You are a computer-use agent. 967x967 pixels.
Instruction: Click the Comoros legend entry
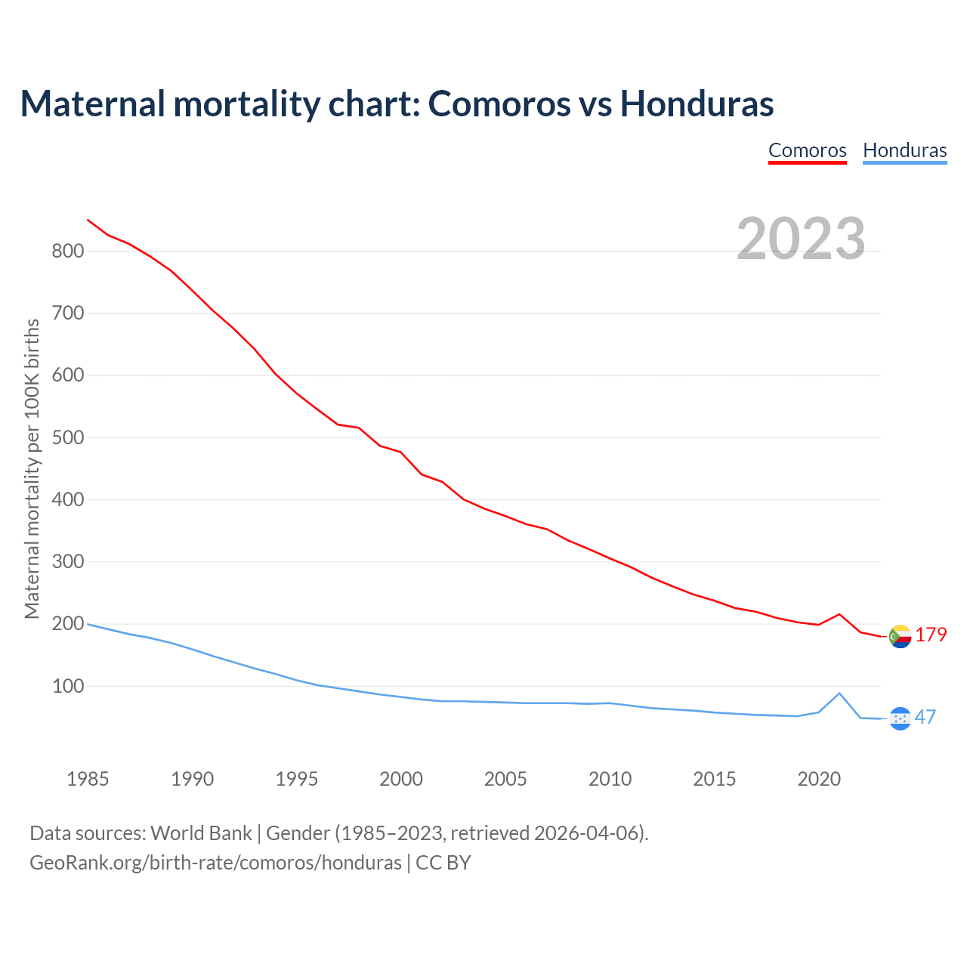pyautogui.click(x=807, y=150)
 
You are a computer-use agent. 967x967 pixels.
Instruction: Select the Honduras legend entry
pyautogui.click(x=904, y=150)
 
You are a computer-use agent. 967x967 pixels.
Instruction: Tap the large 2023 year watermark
pyautogui.click(x=801, y=239)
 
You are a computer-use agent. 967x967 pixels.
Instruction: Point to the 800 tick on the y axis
pyautogui.click(x=67, y=251)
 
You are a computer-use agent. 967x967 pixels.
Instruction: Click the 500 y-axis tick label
pyautogui.click(x=67, y=437)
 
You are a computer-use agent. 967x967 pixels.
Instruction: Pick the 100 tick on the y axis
pyautogui.click(x=67, y=687)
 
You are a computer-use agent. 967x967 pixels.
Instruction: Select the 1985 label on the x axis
pyautogui.click(x=88, y=779)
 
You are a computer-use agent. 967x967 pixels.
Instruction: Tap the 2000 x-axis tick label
pyautogui.click(x=401, y=779)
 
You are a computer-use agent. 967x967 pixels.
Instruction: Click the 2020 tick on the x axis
pyautogui.click(x=819, y=779)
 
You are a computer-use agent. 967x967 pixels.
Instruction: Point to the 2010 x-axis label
pyautogui.click(x=610, y=779)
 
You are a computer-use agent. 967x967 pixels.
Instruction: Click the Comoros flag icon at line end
pyautogui.click(x=900, y=637)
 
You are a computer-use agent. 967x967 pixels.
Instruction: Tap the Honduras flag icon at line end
pyautogui.click(x=900, y=718)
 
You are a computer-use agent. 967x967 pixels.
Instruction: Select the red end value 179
pyautogui.click(x=931, y=635)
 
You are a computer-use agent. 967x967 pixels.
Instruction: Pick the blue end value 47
pyautogui.click(x=925, y=717)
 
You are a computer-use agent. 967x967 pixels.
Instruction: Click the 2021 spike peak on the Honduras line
pyautogui.click(x=839, y=693)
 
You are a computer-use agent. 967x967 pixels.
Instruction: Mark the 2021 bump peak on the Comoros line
pyautogui.click(x=839, y=614)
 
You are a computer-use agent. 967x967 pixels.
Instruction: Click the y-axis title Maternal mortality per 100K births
pyautogui.click(x=32, y=468)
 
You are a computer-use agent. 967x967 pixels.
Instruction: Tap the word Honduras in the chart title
pyautogui.click(x=697, y=103)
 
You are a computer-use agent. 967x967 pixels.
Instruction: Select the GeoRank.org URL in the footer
pyautogui.click(x=215, y=863)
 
